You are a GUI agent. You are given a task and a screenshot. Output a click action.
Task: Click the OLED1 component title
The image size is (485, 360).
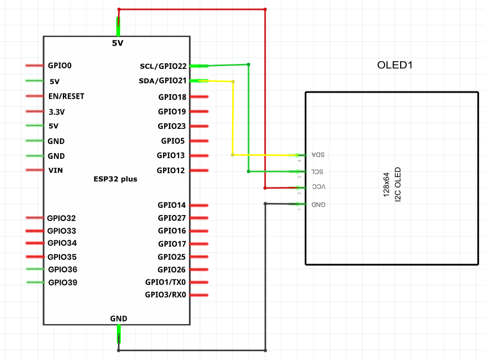(395, 65)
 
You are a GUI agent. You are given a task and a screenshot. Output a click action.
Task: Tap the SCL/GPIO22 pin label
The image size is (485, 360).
(163, 66)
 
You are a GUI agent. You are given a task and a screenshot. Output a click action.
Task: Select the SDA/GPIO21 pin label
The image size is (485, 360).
(163, 80)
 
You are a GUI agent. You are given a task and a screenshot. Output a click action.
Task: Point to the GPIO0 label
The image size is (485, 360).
(60, 66)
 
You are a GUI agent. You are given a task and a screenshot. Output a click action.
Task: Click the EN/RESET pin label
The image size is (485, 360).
(66, 96)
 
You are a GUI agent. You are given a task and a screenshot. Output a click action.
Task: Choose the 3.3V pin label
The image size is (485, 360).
(57, 112)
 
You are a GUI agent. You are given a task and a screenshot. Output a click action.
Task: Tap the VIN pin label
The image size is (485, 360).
(56, 170)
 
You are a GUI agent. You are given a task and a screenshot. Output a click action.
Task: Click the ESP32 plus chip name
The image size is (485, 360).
(115, 179)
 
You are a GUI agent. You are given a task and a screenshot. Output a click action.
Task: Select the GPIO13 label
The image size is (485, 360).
(171, 155)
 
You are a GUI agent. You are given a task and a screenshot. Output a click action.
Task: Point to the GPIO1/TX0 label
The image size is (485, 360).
(165, 282)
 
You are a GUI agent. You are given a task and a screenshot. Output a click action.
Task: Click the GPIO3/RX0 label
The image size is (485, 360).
(165, 295)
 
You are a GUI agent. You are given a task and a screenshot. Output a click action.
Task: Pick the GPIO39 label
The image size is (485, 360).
(63, 282)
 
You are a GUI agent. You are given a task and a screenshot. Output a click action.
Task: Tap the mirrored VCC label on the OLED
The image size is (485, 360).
(319, 187)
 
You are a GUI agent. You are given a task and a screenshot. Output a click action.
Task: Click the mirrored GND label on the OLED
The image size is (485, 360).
(319, 205)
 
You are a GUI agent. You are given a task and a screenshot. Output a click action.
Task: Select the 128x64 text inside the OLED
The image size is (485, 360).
(386, 185)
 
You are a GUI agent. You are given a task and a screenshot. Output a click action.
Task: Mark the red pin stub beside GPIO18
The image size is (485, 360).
(199, 97)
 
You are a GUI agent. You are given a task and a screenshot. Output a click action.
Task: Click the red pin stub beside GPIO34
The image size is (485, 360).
(35, 243)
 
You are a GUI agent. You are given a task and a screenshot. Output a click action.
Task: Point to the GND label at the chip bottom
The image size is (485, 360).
(118, 319)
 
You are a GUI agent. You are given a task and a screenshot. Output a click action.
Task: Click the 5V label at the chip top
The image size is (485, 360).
(117, 43)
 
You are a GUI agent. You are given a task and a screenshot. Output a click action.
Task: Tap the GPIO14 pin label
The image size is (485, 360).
(171, 205)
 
